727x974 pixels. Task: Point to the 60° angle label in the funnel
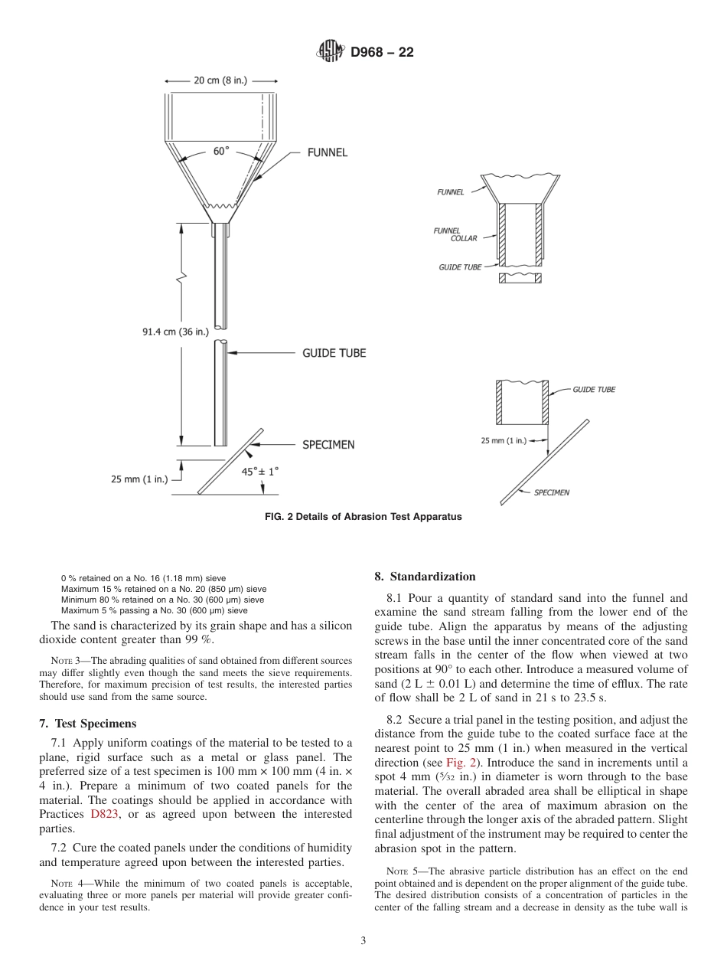point(221,151)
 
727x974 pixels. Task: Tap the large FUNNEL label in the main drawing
point(327,152)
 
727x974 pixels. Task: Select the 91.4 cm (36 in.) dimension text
point(175,332)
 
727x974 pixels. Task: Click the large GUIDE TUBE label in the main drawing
point(334,353)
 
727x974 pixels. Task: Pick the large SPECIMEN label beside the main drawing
point(328,444)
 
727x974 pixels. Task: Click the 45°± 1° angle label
point(260,472)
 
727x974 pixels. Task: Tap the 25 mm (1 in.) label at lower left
point(139,479)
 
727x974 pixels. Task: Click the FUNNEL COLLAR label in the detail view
point(457,234)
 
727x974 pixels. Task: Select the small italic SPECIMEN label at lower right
point(551,492)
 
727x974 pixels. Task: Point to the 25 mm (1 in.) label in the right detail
point(504,440)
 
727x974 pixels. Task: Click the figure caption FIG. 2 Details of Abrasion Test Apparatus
point(363,517)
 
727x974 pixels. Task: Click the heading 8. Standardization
point(425,577)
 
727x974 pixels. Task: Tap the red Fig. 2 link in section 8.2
point(461,763)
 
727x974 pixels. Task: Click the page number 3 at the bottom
point(363,941)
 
